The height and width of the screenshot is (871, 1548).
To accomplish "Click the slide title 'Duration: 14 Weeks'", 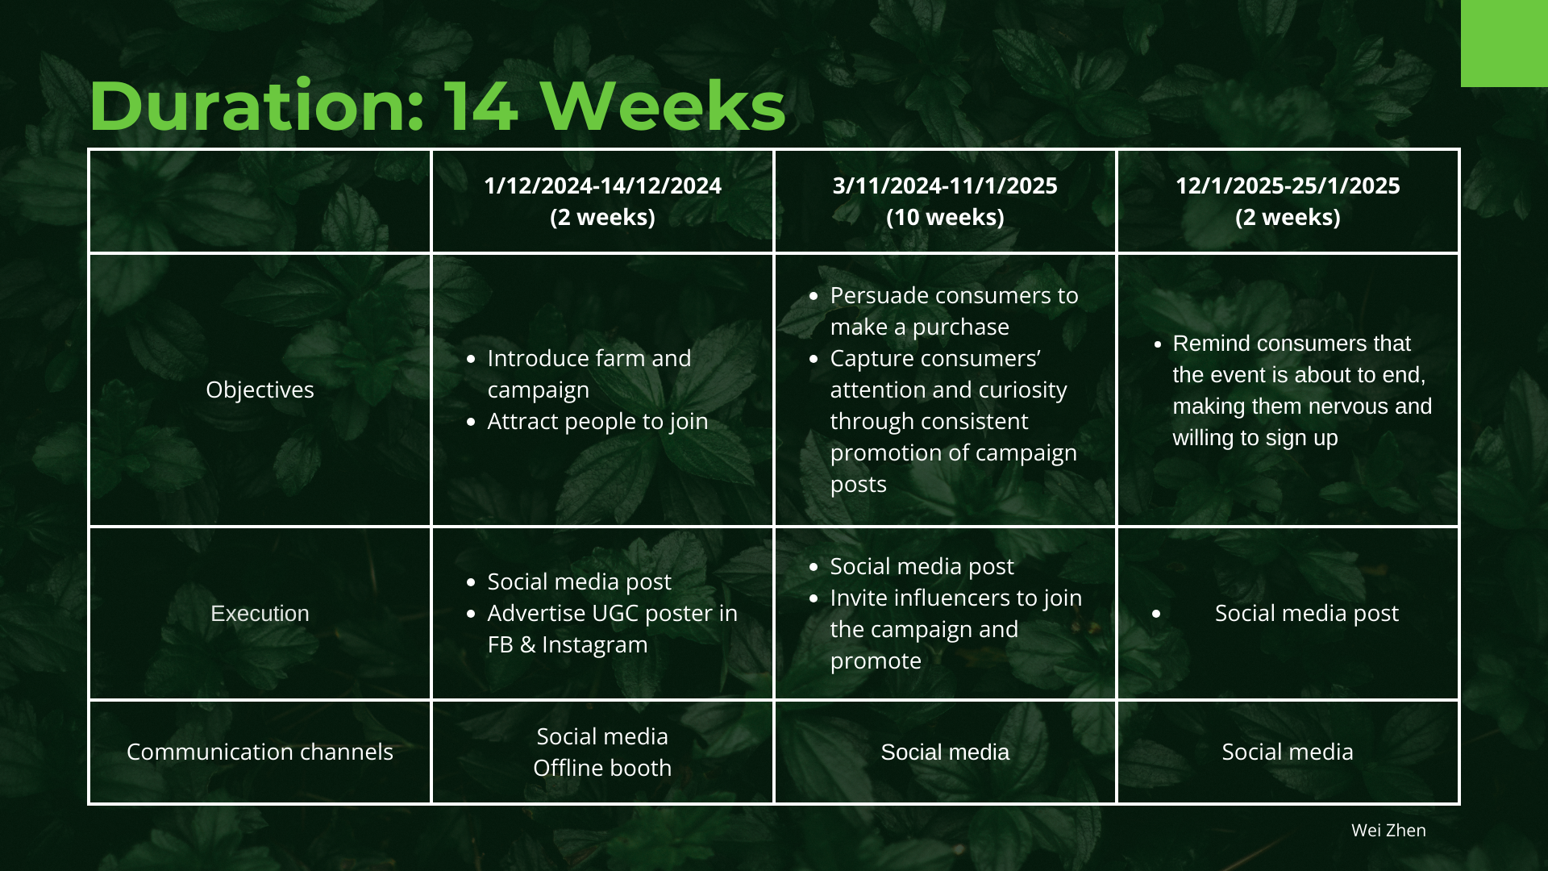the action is (x=437, y=106).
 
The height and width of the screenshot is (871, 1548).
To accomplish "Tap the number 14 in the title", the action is (x=481, y=106).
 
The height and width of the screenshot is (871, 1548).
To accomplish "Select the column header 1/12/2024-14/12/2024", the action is (x=602, y=185).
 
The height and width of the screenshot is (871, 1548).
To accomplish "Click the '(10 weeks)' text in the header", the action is (x=945, y=217).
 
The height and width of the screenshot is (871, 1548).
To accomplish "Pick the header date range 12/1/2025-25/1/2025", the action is (x=1288, y=185).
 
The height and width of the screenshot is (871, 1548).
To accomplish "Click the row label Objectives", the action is (x=260, y=390).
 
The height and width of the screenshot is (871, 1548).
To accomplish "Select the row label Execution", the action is (x=260, y=613).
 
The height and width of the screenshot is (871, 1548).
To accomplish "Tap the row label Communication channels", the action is (x=260, y=752).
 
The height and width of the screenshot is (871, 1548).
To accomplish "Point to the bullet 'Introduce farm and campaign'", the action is (x=589, y=373).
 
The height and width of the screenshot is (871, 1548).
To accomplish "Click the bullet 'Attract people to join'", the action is (x=597, y=421).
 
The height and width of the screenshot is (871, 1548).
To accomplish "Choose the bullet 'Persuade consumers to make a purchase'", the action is (x=954, y=310).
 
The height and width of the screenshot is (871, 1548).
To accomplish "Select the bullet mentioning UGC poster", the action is (x=612, y=628).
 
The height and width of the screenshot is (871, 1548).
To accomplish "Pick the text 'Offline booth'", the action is (x=602, y=768).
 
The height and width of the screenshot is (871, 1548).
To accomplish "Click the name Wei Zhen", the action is (x=1388, y=830).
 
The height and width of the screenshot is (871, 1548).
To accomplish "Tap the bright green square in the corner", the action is (x=1504, y=44).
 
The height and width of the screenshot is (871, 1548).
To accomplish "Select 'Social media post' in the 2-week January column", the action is (x=1306, y=613).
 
